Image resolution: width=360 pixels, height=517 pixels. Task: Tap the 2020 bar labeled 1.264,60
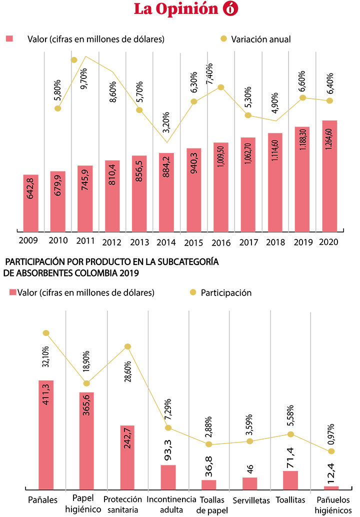[x=329, y=175]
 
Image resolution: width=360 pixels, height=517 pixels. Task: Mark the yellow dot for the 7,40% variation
[x=220, y=87]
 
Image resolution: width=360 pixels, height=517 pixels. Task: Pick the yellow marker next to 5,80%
[x=58, y=108]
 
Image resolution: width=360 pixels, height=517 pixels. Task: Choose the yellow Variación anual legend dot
[x=223, y=39]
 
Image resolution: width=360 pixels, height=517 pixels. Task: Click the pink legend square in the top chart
[x=8, y=38]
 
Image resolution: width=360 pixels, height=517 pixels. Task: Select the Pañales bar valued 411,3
[x=46, y=434]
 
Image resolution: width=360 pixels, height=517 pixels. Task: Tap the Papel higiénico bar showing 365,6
[x=86, y=440]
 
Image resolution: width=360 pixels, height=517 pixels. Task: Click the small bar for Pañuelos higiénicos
[x=331, y=487]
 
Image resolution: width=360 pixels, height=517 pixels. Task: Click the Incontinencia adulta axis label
[x=168, y=504]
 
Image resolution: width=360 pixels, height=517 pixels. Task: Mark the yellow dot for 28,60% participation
[x=127, y=346]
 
